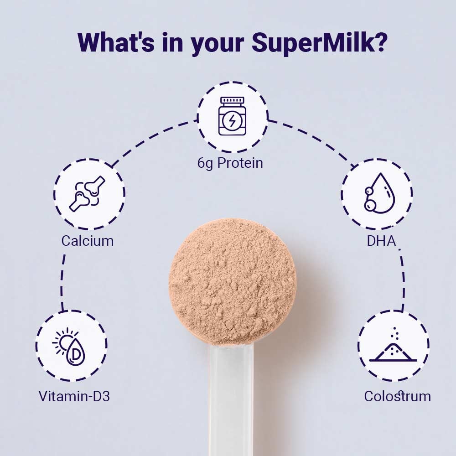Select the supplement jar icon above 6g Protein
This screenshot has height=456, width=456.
[x=232, y=116]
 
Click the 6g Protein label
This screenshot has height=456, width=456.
[x=230, y=163]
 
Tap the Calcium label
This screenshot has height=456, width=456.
[x=88, y=240]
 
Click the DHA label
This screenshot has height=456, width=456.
[x=382, y=240]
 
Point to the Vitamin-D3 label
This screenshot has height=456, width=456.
[x=74, y=396]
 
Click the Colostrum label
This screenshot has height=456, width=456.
[x=397, y=396]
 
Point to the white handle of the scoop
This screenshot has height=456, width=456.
[x=230, y=401]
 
